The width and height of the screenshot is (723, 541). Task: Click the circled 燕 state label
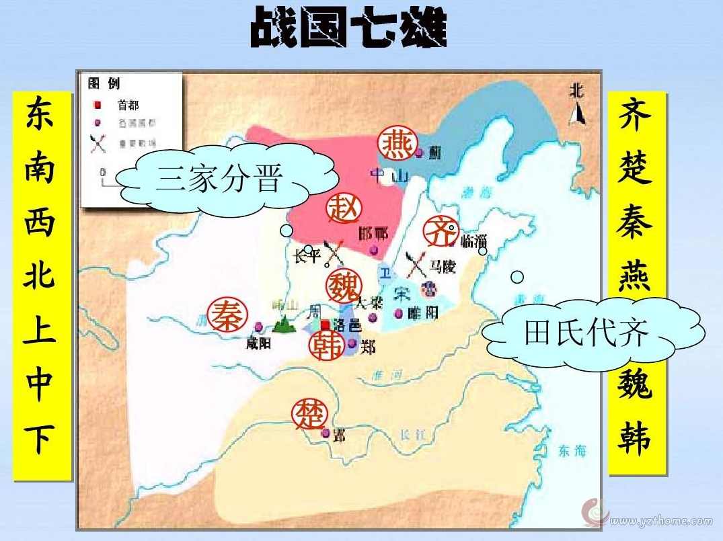coord(397,143)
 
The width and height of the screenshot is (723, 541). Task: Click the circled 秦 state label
coord(227,315)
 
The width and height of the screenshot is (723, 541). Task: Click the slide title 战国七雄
coord(348,29)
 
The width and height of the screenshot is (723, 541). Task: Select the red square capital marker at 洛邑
coord(326,325)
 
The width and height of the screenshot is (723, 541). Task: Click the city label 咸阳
coord(258,343)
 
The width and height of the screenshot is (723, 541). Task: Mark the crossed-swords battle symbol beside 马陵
coord(415,265)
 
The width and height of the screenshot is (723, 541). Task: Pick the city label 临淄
coord(472,241)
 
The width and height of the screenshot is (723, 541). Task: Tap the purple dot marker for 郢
coord(326,433)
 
